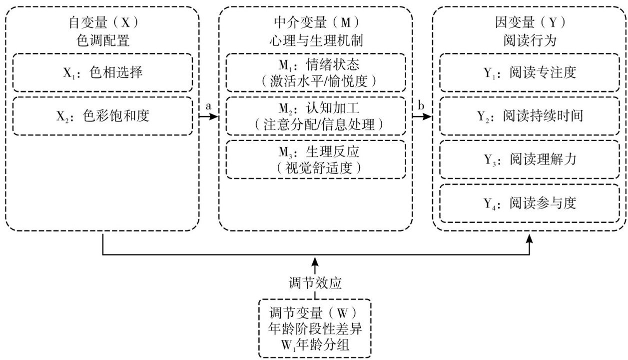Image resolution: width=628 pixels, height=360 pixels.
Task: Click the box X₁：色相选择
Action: pos(102,72)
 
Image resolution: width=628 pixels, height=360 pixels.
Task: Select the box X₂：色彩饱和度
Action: pos(102,116)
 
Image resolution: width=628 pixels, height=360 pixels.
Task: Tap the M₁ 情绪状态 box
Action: pos(316,73)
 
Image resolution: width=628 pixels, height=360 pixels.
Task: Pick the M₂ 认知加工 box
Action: pos(316,116)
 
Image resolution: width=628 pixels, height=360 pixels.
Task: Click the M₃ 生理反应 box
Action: pos(316,159)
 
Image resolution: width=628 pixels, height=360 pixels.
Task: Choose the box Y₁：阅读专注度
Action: pos(530,72)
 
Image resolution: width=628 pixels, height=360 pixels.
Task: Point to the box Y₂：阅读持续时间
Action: pos(530,116)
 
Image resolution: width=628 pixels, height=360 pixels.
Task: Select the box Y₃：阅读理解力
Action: pos(530,159)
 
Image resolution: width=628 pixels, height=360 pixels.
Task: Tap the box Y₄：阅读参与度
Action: pos(530,203)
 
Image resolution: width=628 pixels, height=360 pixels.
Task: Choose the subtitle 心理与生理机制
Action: pos(316,40)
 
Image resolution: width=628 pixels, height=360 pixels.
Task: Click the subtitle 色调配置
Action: pos(102,40)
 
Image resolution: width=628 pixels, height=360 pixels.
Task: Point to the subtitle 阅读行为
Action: pos(530,40)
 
